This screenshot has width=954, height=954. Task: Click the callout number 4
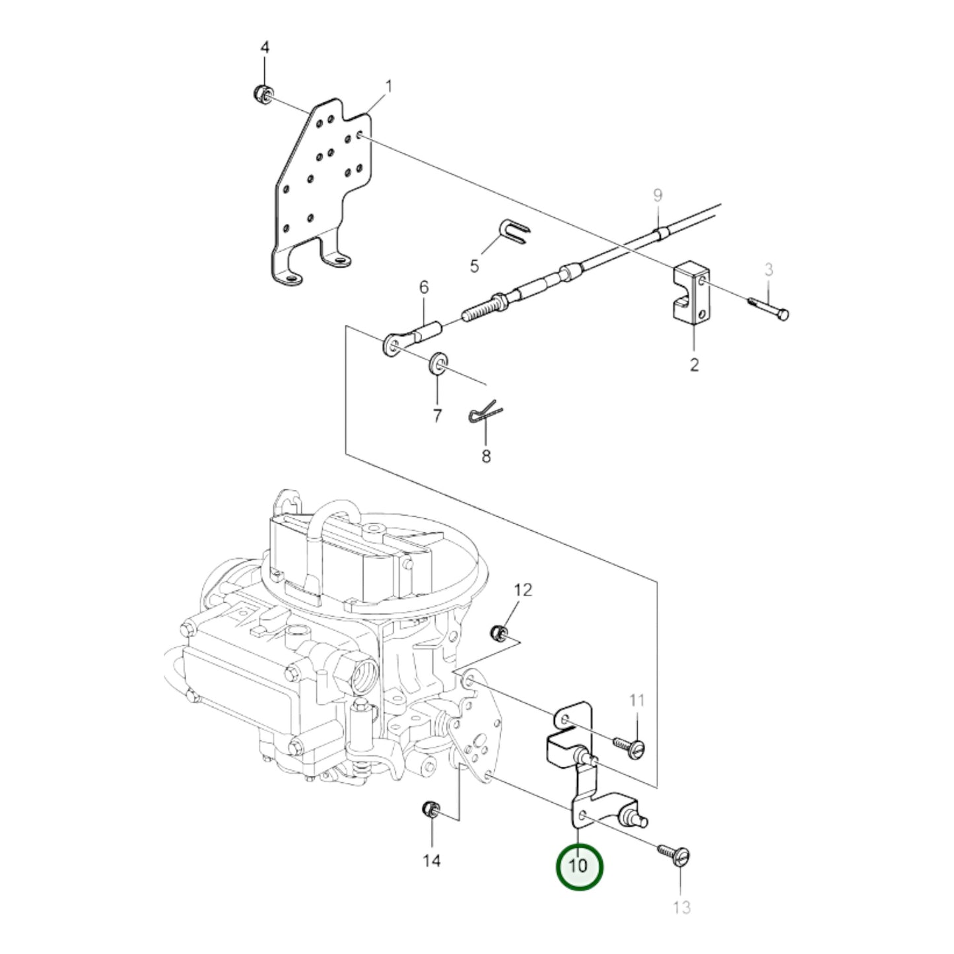[265, 48]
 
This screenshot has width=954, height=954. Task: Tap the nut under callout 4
[261, 94]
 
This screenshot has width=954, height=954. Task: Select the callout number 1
[389, 86]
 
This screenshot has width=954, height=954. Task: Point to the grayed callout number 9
[658, 195]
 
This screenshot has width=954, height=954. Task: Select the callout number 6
[424, 287]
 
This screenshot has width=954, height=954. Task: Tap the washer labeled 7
[437, 363]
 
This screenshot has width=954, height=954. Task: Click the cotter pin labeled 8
[485, 414]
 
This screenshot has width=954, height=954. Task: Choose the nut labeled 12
[499, 633]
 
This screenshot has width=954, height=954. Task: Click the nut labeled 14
[430, 809]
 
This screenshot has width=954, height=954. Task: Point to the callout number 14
[431, 861]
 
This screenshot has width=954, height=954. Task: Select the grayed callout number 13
[681, 908]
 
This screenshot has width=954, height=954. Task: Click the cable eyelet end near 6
[392, 345]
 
